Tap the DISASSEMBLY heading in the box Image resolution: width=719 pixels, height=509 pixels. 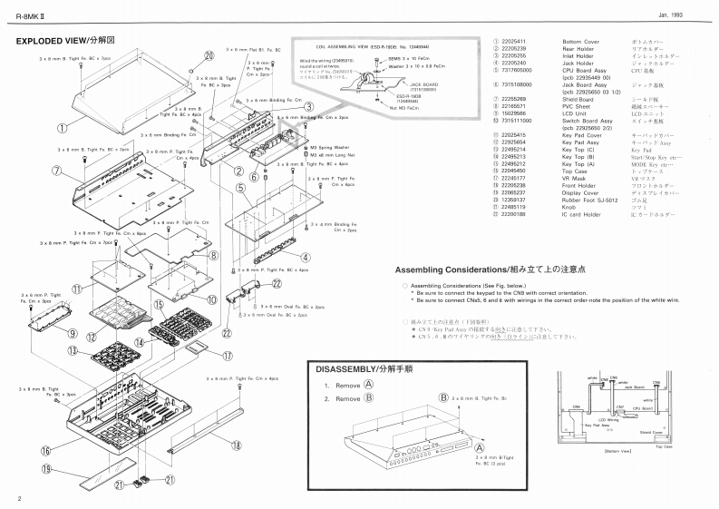pyautogui.click(x=359, y=370)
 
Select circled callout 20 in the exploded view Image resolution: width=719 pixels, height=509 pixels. pyautogui.click(x=208, y=54)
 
